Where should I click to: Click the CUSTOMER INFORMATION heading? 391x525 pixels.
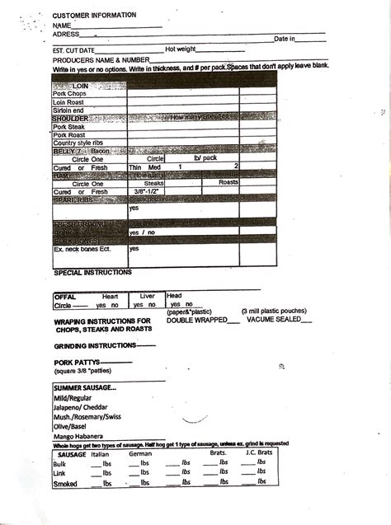click(94, 15)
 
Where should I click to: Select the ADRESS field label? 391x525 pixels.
click(66, 34)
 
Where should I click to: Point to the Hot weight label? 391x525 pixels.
click(181, 49)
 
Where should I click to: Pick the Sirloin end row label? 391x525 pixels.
click(68, 110)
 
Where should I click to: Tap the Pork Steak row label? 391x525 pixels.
click(68, 126)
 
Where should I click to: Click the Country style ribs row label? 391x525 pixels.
click(77, 143)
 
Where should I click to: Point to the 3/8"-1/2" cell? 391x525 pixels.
click(148, 191)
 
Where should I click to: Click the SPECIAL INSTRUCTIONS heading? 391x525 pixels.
click(92, 272)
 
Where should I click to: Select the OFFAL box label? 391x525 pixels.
click(65, 296)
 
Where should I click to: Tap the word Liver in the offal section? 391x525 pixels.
click(147, 295)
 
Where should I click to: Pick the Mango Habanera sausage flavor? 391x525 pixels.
click(78, 436)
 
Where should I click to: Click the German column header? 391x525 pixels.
click(141, 453)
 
